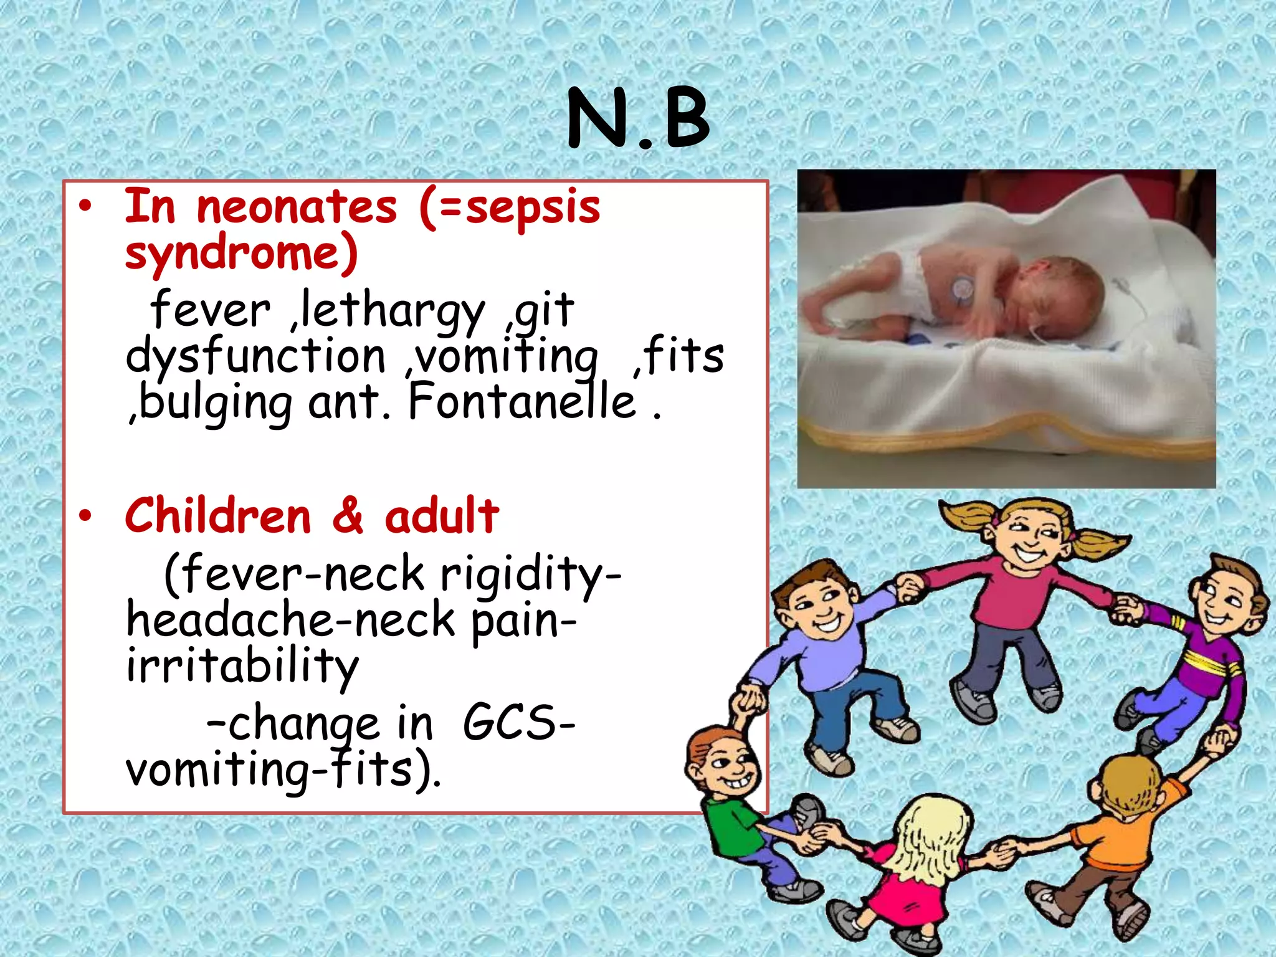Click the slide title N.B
click(x=638, y=118)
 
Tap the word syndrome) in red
click(x=242, y=253)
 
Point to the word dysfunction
click(x=255, y=356)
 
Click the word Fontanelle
click(x=522, y=402)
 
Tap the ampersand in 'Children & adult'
click(x=348, y=516)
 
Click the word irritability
click(x=242, y=667)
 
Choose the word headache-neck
click(x=290, y=621)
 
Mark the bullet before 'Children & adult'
click(x=85, y=516)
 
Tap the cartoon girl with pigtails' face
click(x=1031, y=536)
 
